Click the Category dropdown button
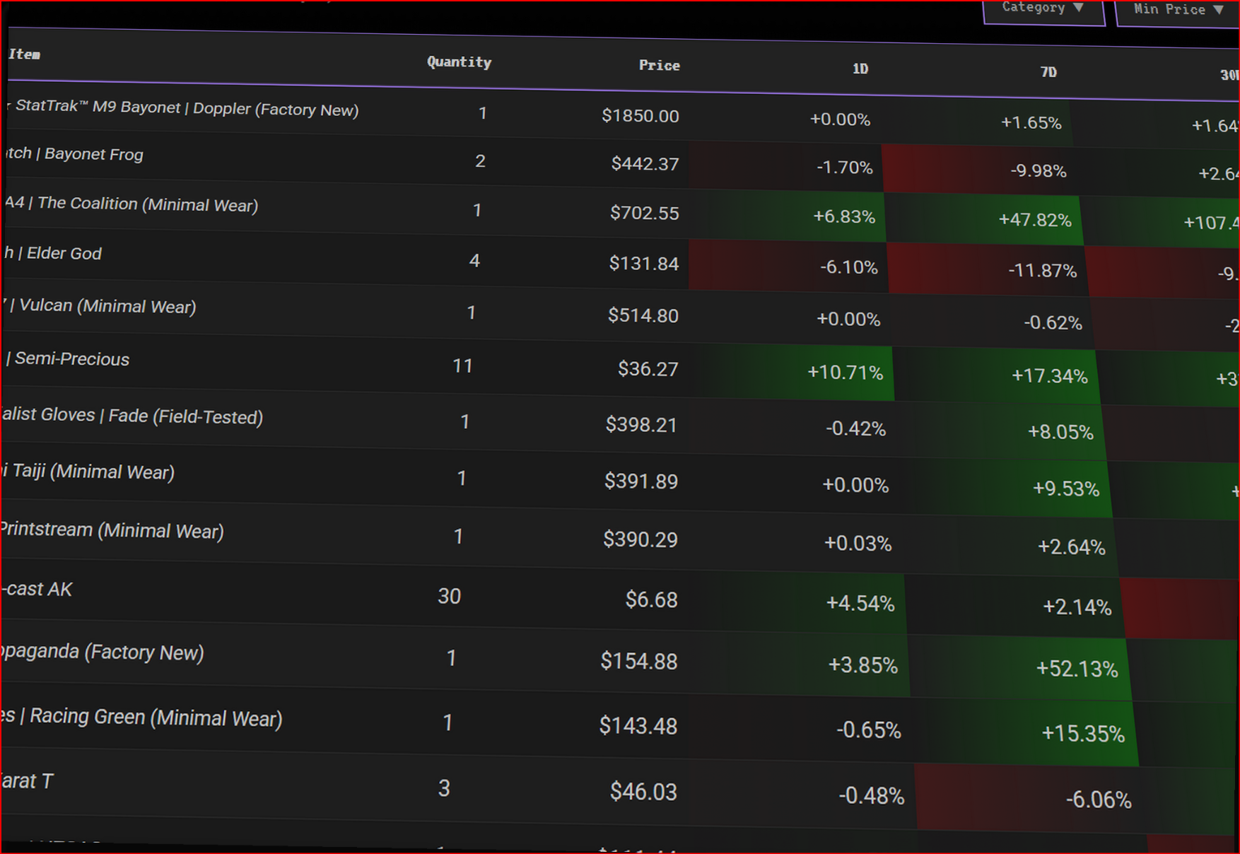(1043, 8)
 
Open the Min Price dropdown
(1177, 10)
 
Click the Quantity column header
(459, 62)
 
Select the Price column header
(659, 66)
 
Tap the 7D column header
(1048, 72)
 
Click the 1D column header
(860, 69)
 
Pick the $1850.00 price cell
(640, 116)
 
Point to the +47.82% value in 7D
(1034, 220)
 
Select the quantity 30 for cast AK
(449, 597)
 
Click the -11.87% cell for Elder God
(1041, 271)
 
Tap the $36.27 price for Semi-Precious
(648, 369)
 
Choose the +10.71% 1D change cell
(845, 373)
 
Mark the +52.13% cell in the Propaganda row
(1077, 669)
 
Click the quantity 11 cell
(462, 366)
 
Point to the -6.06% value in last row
(1098, 800)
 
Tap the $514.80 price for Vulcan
(643, 315)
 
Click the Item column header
(25, 54)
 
